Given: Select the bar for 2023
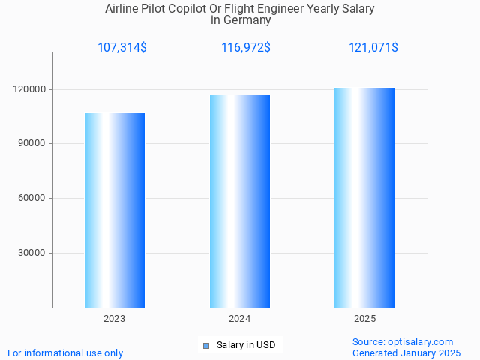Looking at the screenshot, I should (115, 210).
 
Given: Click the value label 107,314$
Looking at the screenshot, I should (122, 48).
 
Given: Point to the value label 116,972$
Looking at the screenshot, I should (246, 48).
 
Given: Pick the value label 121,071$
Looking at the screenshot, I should (373, 48).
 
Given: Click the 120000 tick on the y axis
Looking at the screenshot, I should (31, 89).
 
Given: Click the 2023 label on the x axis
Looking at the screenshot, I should (115, 319).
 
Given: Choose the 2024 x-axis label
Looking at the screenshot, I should (240, 319).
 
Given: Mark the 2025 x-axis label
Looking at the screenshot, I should (364, 319).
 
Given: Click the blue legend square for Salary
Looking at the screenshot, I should (205, 346).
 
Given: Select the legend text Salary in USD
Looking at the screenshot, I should (246, 345).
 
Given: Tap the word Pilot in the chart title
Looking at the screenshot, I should (156, 9).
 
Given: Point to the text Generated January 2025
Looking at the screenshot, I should (406, 352).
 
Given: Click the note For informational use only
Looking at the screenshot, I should (65, 352).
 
